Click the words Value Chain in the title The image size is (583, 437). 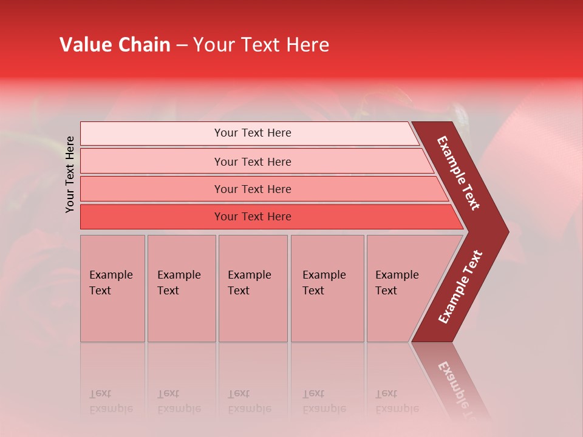[x=115, y=45]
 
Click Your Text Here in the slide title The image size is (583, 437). [x=261, y=45]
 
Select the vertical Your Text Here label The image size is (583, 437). [x=70, y=174]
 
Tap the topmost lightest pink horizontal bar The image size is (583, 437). [x=252, y=133]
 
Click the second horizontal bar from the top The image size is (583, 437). [x=252, y=161]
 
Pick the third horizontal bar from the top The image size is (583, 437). [x=252, y=189]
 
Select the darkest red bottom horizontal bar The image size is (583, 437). [x=252, y=217]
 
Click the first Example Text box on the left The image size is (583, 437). [x=112, y=288]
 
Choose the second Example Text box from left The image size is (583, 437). [x=181, y=288]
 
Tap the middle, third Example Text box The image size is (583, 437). [x=253, y=288]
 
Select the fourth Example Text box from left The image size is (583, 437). [x=327, y=288]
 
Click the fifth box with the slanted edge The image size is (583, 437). [x=401, y=288]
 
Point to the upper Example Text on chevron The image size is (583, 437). [x=459, y=173]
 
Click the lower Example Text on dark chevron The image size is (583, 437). [x=460, y=286]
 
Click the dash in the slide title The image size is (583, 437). [x=182, y=45]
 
